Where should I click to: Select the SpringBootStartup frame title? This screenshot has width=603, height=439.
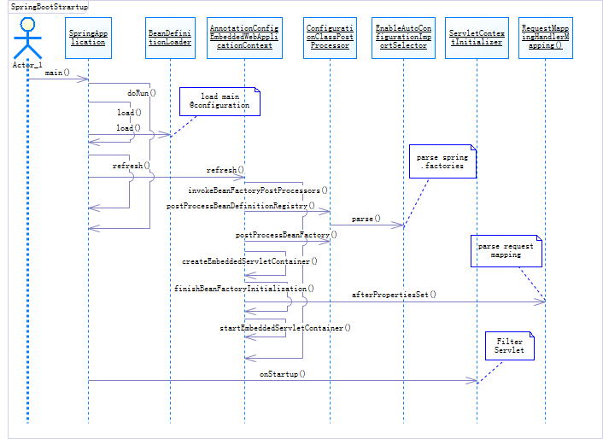[x=48, y=7]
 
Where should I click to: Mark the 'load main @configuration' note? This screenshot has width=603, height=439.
[x=219, y=101]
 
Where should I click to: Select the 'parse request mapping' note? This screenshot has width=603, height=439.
[x=506, y=250]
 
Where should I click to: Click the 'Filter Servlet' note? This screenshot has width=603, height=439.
[x=509, y=346]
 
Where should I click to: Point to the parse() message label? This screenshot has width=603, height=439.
[x=366, y=219]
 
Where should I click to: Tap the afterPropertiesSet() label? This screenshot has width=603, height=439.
[x=394, y=295]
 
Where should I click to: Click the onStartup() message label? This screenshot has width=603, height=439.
[x=283, y=374]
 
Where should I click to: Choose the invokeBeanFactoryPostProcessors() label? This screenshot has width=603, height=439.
[x=258, y=190]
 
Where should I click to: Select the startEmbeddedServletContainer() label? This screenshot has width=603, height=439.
[x=285, y=327]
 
